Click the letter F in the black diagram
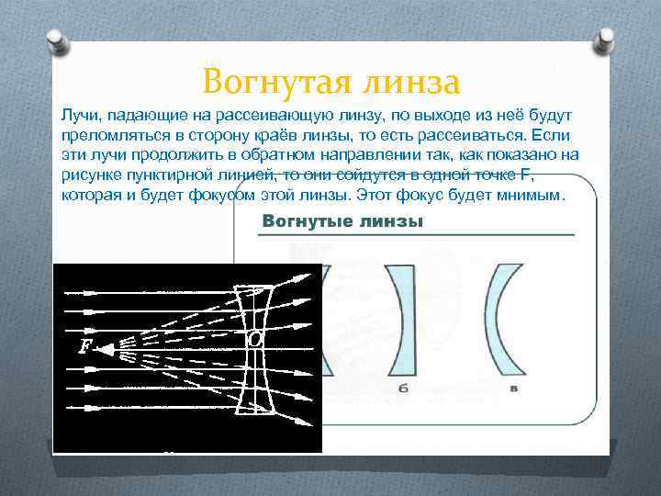(85, 346)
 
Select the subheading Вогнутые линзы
(342, 222)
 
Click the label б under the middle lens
(404, 389)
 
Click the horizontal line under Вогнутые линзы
(415, 236)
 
